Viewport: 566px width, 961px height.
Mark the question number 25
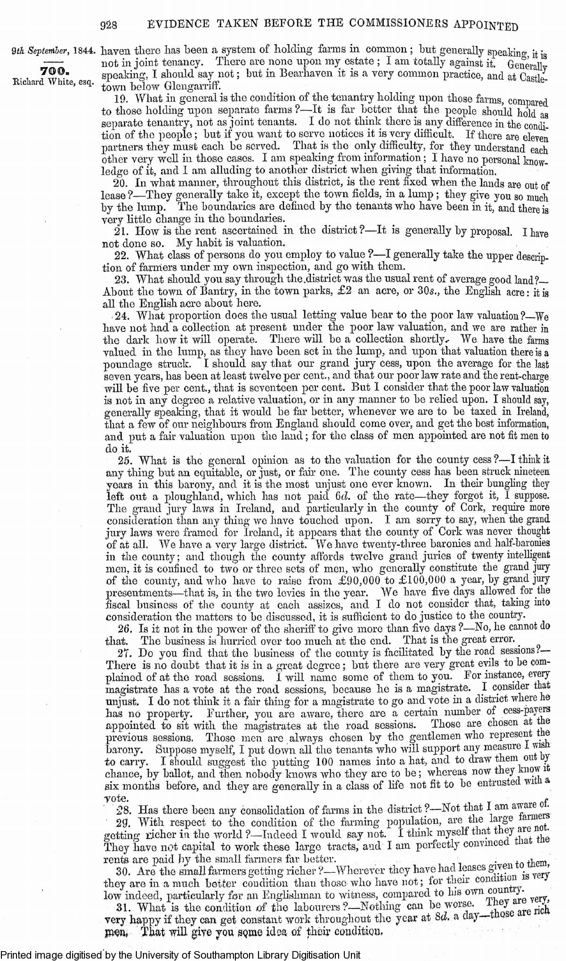(128, 459)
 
